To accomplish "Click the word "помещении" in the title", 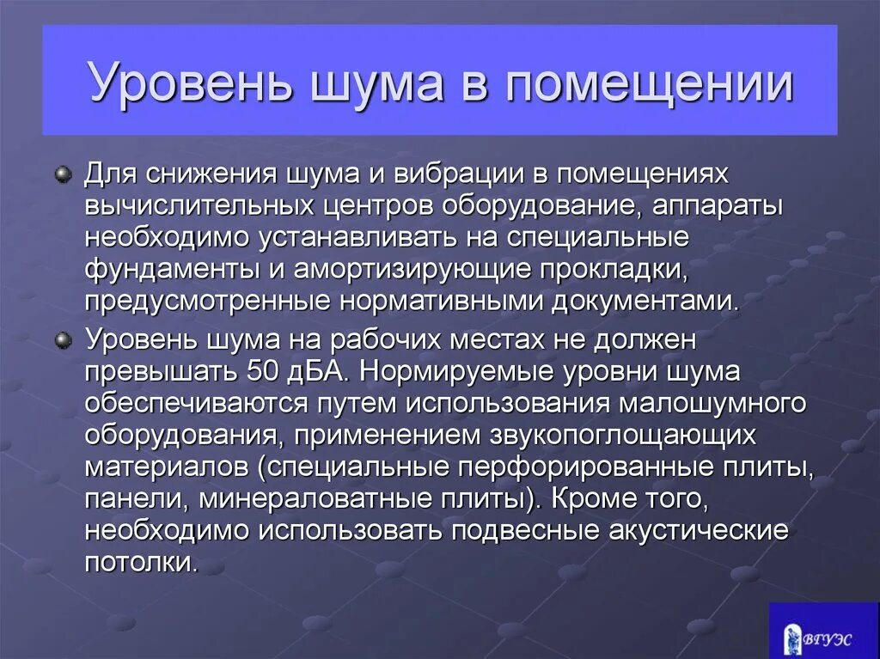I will [650, 83].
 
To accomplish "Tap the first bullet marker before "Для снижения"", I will [63, 174].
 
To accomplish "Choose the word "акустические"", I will [697, 531].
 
